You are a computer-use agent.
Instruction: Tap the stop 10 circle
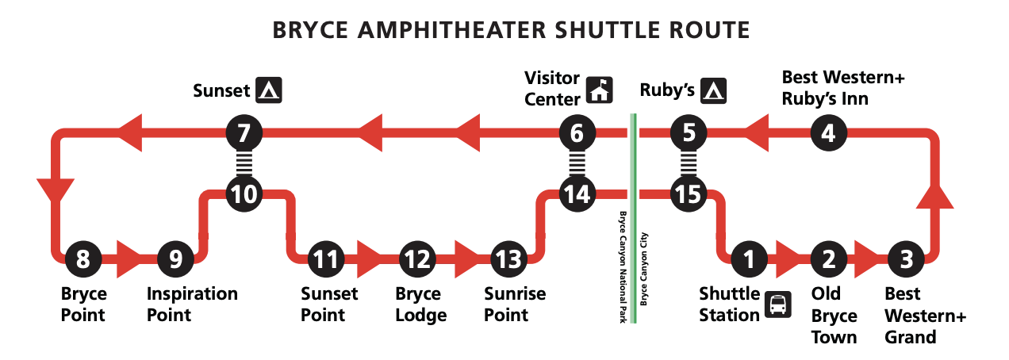click(245, 193)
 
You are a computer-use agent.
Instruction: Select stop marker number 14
click(577, 193)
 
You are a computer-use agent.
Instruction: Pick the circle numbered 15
click(688, 193)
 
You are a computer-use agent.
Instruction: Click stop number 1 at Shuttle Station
click(750, 258)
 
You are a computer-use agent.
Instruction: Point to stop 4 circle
click(828, 132)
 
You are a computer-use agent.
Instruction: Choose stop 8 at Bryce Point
click(83, 258)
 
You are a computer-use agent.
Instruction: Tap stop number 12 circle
click(418, 258)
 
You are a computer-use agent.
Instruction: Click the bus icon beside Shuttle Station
click(777, 305)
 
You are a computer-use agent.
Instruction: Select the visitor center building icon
click(600, 90)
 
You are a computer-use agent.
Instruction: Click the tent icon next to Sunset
click(270, 90)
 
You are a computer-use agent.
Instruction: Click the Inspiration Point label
click(192, 304)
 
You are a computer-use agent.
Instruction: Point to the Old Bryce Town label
click(834, 316)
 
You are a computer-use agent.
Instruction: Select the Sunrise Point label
click(515, 304)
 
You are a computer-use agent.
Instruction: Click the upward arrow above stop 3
click(934, 195)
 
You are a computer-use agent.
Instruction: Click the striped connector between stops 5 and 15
click(688, 163)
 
